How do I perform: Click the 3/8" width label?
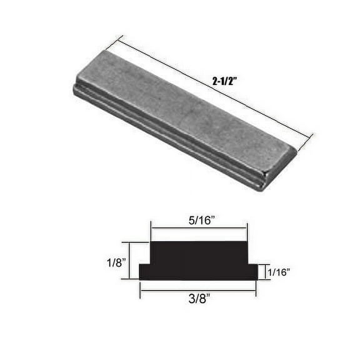coord(197,298)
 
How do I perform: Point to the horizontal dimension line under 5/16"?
coord(199,228)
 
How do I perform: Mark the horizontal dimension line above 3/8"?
coord(197,289)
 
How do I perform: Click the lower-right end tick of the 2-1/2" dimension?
coord(306,141)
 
